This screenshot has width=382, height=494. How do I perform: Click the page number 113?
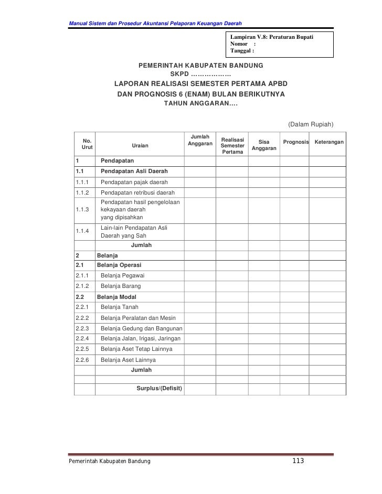tap(298, 460)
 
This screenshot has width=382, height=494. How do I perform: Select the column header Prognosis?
tap(296, 143)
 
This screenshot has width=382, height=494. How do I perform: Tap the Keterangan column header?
tap(329, 143)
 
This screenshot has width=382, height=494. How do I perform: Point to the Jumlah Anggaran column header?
tap(200, 140)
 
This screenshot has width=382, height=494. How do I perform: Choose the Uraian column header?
tap(140, 146)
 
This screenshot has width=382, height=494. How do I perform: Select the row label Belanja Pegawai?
tap(122, 276)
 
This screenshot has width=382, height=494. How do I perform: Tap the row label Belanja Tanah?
tap(120, 307)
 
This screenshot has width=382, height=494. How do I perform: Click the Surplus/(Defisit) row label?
tap(160, 389)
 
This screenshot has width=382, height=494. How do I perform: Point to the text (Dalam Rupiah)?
tap(311, 124)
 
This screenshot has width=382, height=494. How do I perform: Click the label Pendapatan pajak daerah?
tap(134, 182)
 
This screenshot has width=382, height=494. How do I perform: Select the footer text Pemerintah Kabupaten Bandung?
tap(107, 460)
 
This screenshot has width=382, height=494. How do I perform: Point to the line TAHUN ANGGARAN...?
tap(200, 103)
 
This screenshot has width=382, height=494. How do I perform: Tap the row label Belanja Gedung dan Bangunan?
tap(141, 328)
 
